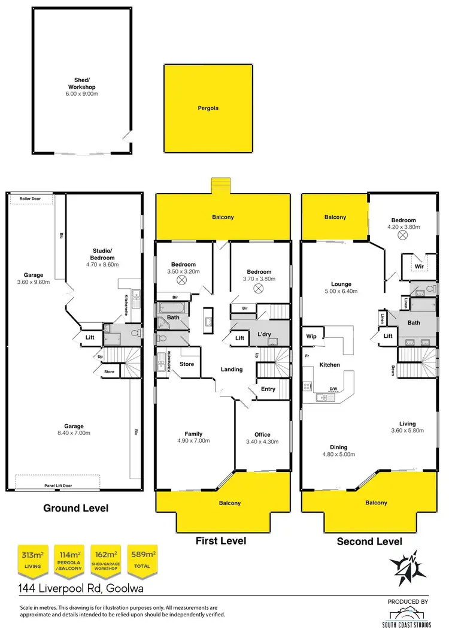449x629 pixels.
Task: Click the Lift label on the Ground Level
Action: click(x=90, y=338)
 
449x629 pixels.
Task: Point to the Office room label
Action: click(x=262, y=435)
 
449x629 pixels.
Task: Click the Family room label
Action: click(x=193, y=434)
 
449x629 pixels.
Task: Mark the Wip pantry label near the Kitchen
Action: click(x=311, y=336)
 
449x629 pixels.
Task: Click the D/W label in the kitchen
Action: click(x=333, y=389)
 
